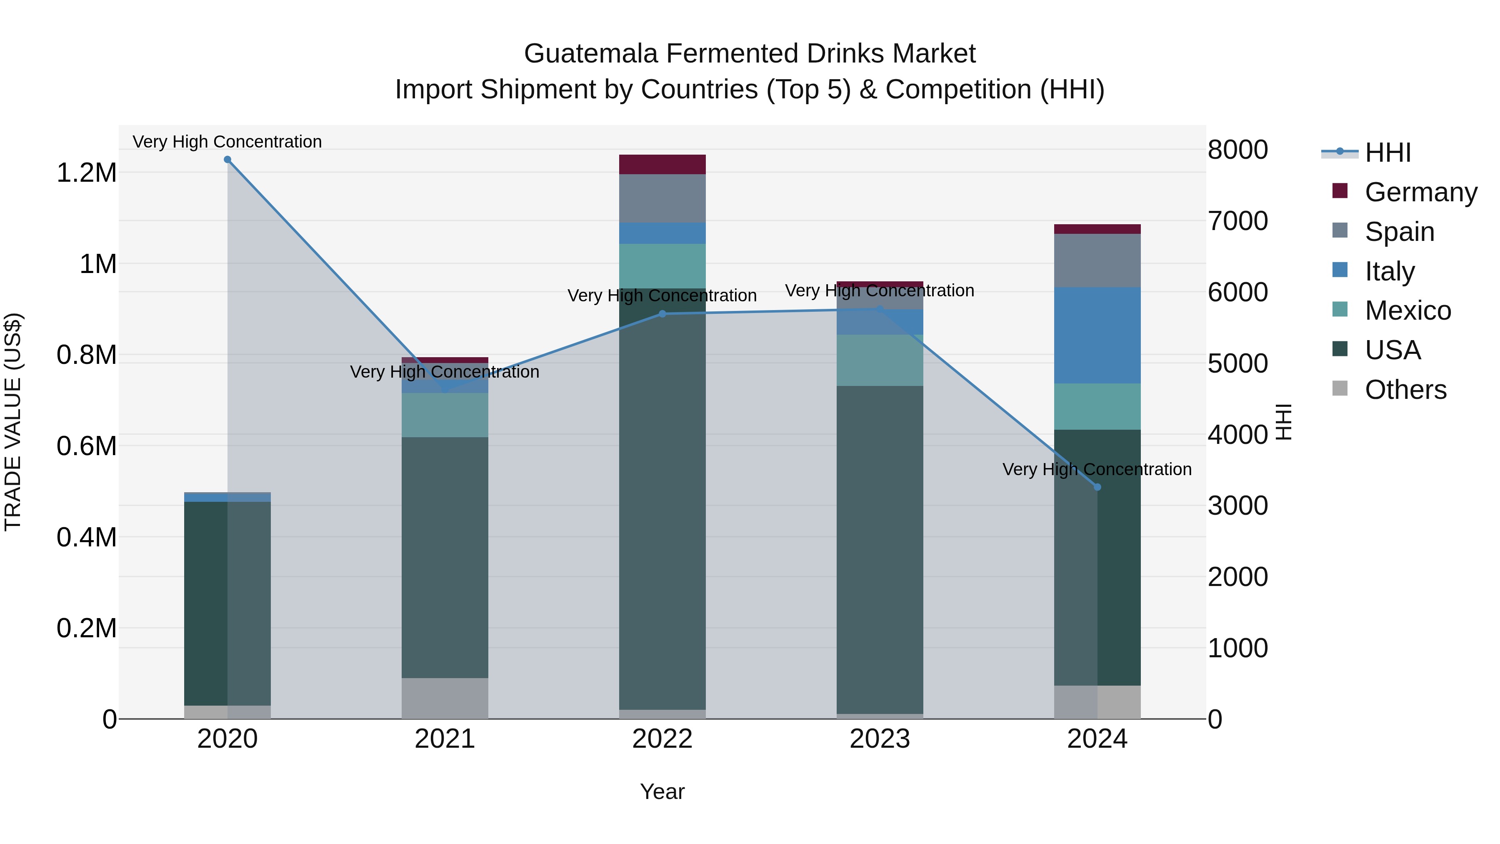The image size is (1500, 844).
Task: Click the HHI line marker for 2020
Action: [x=227, y=160]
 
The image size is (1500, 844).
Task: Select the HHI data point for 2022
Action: [x=662, y=314]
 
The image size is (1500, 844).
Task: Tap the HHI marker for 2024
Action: [x=1097, y=487]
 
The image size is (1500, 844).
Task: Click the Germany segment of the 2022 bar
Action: [x=662, y=164]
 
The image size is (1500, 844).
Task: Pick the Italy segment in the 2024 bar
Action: [x=1097, y=335]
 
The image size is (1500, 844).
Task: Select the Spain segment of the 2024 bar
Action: [x=1097, y=260]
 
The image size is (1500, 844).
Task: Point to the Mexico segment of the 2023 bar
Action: [x=879, y=360]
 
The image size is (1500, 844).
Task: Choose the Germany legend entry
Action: [x=1420, y=192]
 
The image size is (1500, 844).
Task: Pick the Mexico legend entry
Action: [x=1407, y=311]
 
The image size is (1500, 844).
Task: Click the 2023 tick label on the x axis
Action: [x=879, y=739]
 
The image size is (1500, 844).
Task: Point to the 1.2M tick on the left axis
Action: [x=87, y=173]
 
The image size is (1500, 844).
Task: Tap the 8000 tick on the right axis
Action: [x=1237, y=150]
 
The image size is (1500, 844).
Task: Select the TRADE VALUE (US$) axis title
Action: [x=13, y=422]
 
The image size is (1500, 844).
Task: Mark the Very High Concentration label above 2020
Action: [x=227, y=142]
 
